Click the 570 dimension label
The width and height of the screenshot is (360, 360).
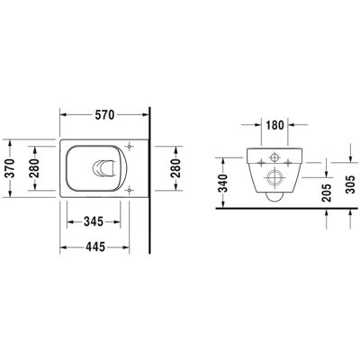[104, 114]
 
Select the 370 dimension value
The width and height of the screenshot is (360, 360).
[10, 168]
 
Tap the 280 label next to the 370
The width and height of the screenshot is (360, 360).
[35, 168]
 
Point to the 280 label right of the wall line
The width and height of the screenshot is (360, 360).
[175, 168]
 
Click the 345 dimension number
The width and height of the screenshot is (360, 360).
[94, 221]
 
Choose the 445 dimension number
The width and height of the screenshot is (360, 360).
[95, 247]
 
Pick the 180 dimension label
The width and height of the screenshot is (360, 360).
[274, 125]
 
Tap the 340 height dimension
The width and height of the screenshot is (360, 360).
[223, 183]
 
